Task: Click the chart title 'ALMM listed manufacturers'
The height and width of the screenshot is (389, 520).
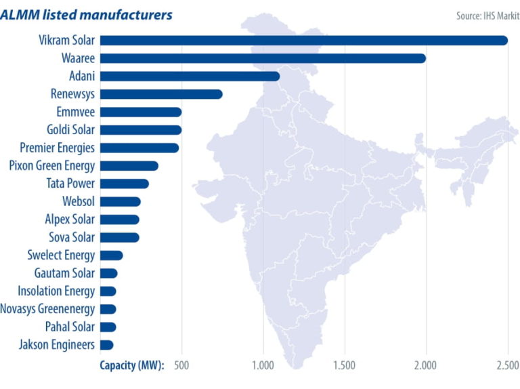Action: click(x=86, y=14)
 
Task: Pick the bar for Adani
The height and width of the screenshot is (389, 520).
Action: click(x=190, y=76)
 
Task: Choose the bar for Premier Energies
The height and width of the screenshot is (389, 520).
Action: click(x=139, y=148)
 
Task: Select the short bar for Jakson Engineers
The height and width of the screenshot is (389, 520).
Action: click(x=106, y=345)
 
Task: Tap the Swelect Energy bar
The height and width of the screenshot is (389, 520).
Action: click(x=111, y=255)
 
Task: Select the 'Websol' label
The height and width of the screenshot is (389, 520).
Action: click(x=77, y=201)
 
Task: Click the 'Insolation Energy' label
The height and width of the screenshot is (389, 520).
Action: click(x=56, y=291)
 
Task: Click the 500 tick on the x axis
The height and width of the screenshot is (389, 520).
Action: click(x=181, y=367)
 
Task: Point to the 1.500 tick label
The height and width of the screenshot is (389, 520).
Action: click(x=345, y=367)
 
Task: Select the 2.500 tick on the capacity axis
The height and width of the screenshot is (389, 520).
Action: click(x=507, y=367)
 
